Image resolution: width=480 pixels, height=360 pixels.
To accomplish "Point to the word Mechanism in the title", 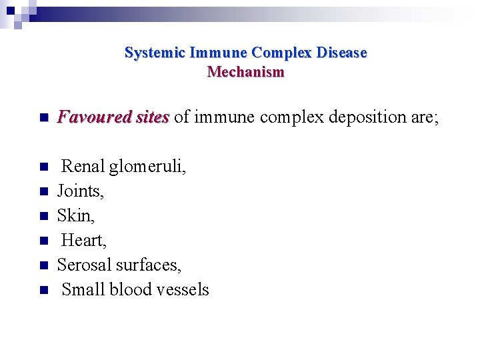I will (246, 71).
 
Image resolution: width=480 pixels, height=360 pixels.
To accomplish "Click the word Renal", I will (83, 167).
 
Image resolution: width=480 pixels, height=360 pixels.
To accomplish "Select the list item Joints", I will (81, 191).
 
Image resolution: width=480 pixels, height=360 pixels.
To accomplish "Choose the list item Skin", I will (75, 215).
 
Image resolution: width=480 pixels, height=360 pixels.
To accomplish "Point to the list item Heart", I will (83, 240).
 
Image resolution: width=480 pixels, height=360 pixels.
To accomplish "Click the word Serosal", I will (84, 265).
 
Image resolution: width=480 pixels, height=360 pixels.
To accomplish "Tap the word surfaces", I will (149, 265).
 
